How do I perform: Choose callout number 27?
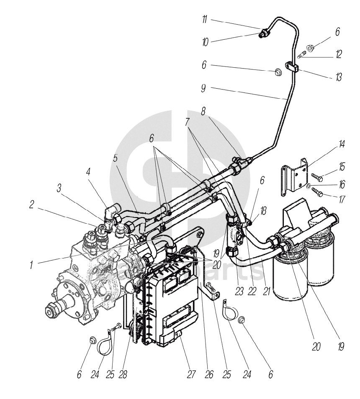[191, 374]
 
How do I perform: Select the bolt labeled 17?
[318, 193]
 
